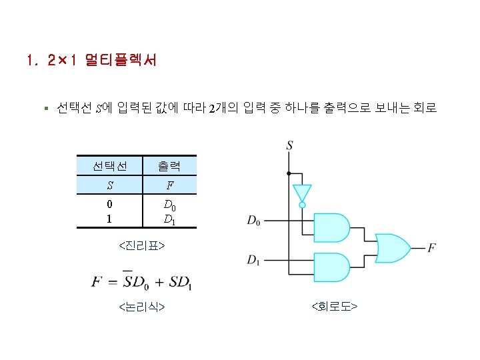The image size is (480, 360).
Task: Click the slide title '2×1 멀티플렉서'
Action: click(x=91, y=62)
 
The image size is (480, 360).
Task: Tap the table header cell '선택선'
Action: click(x=109, y=165)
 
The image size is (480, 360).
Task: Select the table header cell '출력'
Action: click(x=170, y=165)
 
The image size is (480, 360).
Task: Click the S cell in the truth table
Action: click(x=109, y=185)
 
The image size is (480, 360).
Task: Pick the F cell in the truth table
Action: click(x=170, y=185)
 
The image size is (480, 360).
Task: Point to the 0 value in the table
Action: click(x=109, y=205)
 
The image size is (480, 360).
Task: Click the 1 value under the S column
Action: click(x=109, y=218)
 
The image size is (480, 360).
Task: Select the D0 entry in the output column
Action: click(x=170, y=205)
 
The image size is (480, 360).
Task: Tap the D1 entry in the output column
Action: click(x=170, y=218)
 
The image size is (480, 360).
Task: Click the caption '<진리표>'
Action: click(x=141, y=247)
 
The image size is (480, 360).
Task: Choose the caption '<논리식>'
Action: click(x=141, y=307)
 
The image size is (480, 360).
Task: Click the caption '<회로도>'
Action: click(x=335, y=307)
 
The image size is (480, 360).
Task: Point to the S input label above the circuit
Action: click(x=289, y=145)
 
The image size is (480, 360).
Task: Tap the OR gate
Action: click(x=393, y=247)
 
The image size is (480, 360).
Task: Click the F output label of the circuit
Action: click(x=432, y=248)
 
